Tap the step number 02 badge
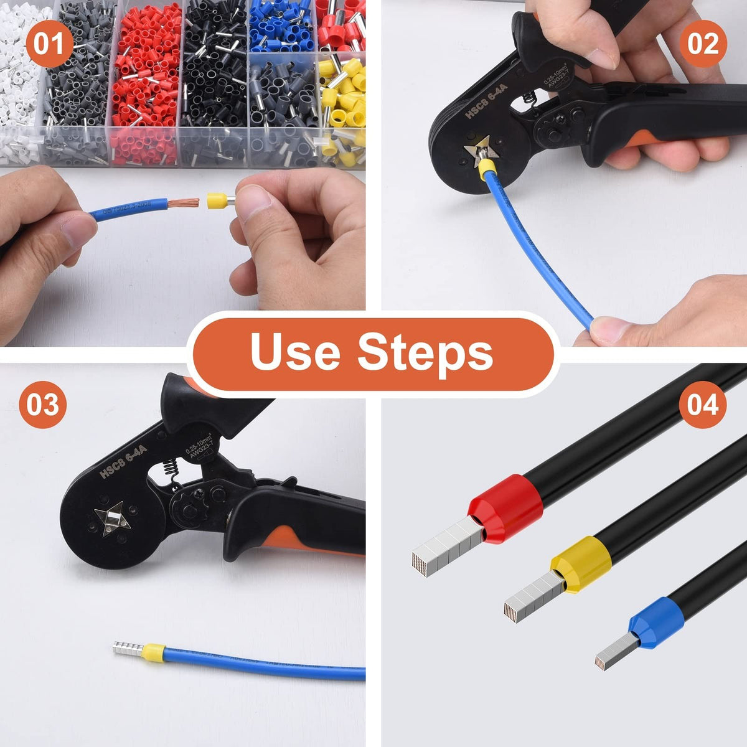point(703,44)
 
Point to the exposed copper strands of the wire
point(189,204)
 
